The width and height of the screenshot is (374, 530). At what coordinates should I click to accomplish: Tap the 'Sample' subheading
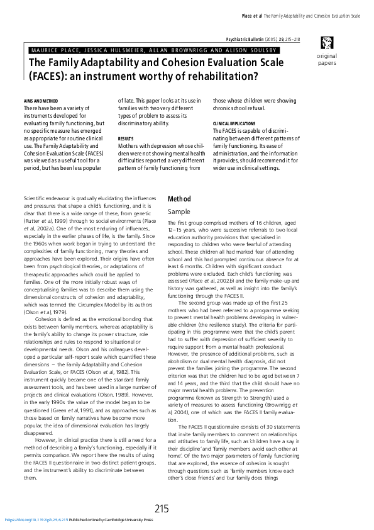point(179,212)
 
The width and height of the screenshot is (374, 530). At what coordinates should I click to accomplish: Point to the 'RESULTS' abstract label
point(126,138)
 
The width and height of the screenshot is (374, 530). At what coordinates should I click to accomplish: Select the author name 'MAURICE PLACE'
point(55,48)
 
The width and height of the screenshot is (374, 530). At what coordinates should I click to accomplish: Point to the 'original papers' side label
point(326,60)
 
